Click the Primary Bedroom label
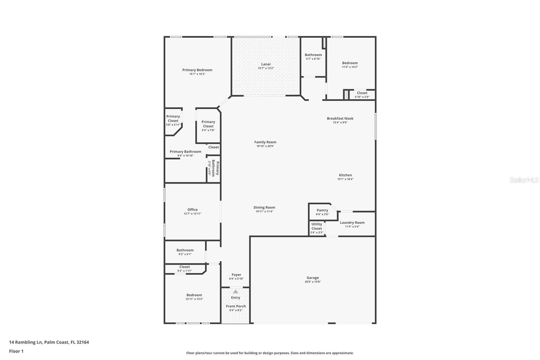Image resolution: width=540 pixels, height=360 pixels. click(x=197, y=70)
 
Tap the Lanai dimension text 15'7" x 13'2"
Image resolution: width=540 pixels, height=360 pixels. click(x=266, y=68)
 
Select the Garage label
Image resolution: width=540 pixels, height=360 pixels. click(x=313, y=278)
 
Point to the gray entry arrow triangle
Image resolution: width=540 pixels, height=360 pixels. click(x=236, y=291)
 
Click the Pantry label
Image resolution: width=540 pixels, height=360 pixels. click(x=322, y=210)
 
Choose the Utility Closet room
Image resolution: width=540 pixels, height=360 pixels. click(x=317, y=228)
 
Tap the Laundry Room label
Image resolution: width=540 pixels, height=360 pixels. click(x=352, y=223)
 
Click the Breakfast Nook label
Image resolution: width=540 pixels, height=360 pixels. click(x=340, y=118)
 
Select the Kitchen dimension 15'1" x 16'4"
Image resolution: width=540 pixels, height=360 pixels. click(x=345, y=179)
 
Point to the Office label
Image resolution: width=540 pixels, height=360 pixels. click(x=192, y=209)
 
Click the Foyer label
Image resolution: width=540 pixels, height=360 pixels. click(x=236, y=275)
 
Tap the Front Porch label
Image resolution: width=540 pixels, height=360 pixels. click(x=236, y=306)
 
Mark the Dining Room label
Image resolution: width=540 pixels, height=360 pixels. click(x=264, y=207)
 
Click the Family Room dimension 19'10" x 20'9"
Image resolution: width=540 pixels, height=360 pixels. click(x=265, y=146)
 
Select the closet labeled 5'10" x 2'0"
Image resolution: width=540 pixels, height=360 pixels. click(x=362, y=95)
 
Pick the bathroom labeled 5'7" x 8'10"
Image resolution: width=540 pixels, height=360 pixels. click(x=313, y=57)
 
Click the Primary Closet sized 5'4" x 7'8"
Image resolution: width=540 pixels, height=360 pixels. click(x=208, y=126)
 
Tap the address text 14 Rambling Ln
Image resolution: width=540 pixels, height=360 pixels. click(x=26, y=342)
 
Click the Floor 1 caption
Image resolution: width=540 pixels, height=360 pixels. click(x=17, y=351)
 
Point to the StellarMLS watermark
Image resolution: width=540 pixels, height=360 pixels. click(x=524, y=180)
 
